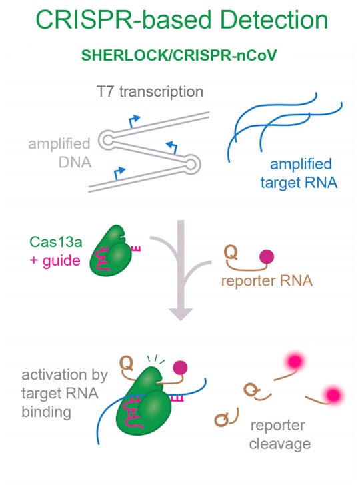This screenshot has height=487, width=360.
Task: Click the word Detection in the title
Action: [x=274, y=19]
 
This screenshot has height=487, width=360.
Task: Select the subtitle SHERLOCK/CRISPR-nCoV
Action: [x=179, y=55]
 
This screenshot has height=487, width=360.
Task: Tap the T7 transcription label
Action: [x=150, y=92]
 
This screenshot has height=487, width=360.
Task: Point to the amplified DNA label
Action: [x=60, y=153]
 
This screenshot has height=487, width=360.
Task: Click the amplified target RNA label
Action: [x=299, y=173]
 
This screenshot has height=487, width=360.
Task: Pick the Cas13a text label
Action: [x=56, y=242]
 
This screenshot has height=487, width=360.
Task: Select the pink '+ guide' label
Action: [x=55, y=261]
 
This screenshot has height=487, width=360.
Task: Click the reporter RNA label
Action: [x=267, y=280]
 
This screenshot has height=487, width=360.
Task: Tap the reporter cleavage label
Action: [x=279, y=435]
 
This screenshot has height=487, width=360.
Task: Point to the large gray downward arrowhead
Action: [x=181, y=314]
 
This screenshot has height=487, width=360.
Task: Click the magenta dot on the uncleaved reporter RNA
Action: [x=267, y=257]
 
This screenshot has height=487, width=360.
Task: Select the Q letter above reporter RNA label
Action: [x=231, y=252]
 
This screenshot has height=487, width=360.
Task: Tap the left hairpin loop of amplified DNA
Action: [x=107, y=140]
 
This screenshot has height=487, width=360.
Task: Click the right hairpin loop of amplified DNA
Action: [x=191, y=164]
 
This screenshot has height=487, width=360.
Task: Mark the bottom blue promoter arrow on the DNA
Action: [x=119, y=173]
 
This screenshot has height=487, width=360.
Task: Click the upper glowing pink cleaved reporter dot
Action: [x=295, y=361]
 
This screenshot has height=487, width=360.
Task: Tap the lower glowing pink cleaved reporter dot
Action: [x=333, y=395]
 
